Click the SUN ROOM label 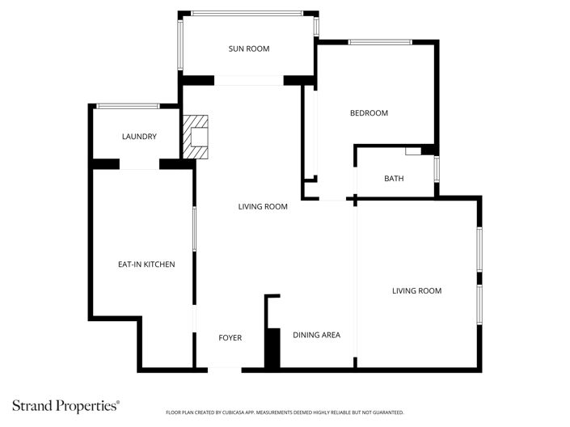pyautogui.click(x=248, y=49)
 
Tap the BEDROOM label pyautogui.click(x=369, y=113)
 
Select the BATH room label pyautogui.click(x=394, y=179)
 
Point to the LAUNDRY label pyautogui.click(x=139, y=137)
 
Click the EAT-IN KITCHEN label pyautogui.click(x=146, y=264)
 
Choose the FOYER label pyautogui.click(x=230, y=337)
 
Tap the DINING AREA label pyautogui.click(x=316, y=335)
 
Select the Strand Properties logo pyautogui.click(x=65, y=404)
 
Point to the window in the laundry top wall pyautogui.click(x=128, y=106)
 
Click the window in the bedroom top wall pyautogui.click(x=380, y=42)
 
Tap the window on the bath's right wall pyautogui.click(x=437, y=171)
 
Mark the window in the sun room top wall pyautogui.click(x=247, y=12)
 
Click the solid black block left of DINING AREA pyautogui.click(x=272, y=349)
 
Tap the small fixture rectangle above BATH pyautogui.click(x=413, y=150)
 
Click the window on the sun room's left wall pyautogui.click(x=180, y=44)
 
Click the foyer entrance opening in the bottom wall pyautogui.click(x=226, y=369)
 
